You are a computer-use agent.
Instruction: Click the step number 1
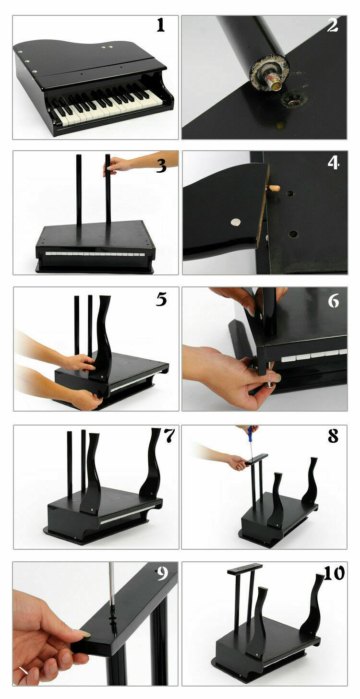[x=160, y=25]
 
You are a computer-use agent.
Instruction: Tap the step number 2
[x=333, y=25]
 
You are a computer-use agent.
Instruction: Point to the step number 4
[x=333, y=163]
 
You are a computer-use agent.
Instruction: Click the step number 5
[x=161, y=299]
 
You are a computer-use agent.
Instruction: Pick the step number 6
[x=333, y=301]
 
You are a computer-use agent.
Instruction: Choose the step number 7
[x=169, y=435]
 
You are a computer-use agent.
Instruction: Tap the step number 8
[x=333, y=436]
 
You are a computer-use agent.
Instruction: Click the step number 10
[x=334, y=573]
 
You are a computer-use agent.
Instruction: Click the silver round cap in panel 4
[x=236, y=222]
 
